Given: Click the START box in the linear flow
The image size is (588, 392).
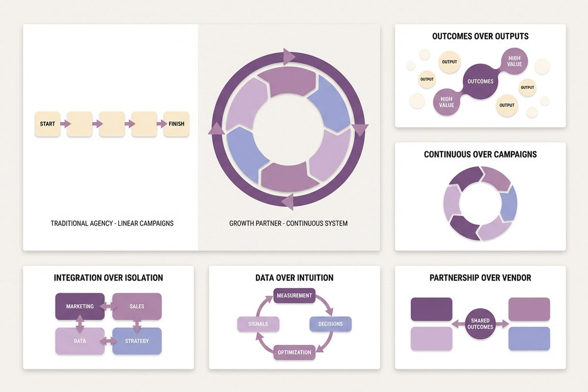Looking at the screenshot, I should tap(48, 124).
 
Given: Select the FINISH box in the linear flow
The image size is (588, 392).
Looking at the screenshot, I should tap(176, 124).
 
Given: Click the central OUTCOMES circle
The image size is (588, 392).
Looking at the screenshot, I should tap(481, 81).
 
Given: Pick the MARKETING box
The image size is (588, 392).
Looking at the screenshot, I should tap(80, 306).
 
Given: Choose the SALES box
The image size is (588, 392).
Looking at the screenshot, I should tap(137, 306).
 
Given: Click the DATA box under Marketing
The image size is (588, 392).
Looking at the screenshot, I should tap(80, 341).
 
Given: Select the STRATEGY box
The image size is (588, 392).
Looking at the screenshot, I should tap(137, 341).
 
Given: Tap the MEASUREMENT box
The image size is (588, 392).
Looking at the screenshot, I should tap(294, 295).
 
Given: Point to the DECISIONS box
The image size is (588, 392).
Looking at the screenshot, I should tap(330, 324).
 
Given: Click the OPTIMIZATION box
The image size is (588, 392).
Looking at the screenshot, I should tap(294, 352).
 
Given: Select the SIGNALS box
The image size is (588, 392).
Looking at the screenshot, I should tap(258, 324).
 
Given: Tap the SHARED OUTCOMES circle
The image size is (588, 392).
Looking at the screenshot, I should tap(480, 324).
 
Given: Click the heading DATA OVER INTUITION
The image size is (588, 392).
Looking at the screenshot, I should tap(294, 278).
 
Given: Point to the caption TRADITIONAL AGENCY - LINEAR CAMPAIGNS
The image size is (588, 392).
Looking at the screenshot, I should tap(112, 223).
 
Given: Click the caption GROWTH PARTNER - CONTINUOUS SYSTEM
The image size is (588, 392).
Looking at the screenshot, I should tap(288, 223).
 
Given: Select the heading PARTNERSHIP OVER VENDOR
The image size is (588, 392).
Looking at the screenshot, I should tap(480, 278).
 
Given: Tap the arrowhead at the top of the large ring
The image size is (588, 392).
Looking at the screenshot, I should tap(289, 56).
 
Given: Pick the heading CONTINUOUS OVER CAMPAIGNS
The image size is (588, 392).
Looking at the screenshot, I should tap(480, 154).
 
